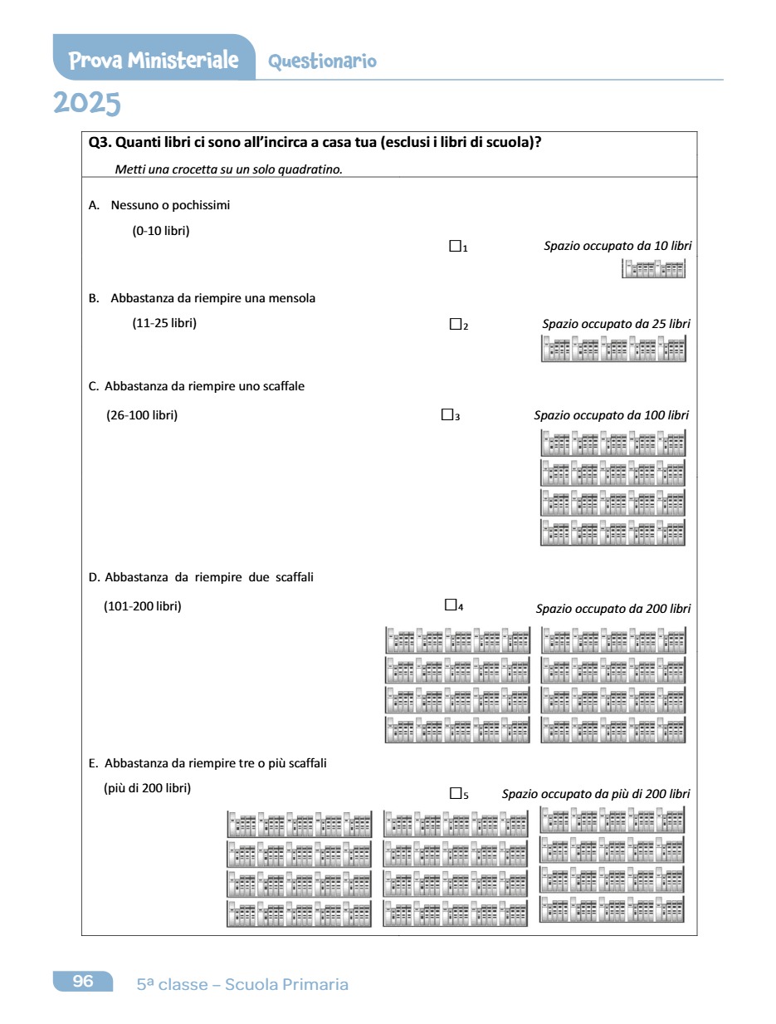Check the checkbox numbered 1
click(454, 246)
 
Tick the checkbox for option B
click(455, 324)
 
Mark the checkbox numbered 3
click(447, 414)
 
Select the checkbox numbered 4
click(451, 605)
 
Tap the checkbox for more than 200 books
click(455, 793)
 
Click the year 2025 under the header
click(87, 104)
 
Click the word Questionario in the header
click(322, 61)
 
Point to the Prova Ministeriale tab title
click(154, 61)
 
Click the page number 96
click(83, 982)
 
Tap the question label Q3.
click(100, 142)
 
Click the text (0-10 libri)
click(161, 231)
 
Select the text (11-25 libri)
click(164, 323)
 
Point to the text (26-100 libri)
click(142, 414)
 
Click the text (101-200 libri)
click(143, 605)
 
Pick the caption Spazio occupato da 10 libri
click(617, 246)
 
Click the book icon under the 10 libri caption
click(654, 268)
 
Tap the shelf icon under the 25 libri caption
click(613, 350)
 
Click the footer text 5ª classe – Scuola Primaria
click(242, 984)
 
